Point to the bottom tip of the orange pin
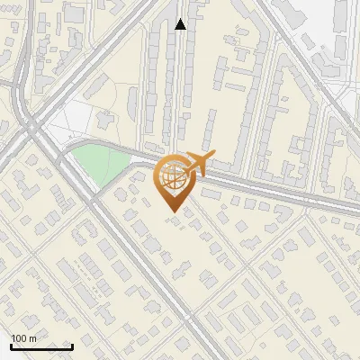[x=171, y=212]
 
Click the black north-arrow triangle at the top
[x=181, y=24]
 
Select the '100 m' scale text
[x=23, y=338]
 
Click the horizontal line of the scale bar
[x=41, y=346]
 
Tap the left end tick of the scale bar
[x=11, y=345]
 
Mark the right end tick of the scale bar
[x=72, y=345]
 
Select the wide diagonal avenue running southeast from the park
[x=144, y=261]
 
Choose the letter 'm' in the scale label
[x=32, y=338]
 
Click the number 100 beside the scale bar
[x=19, y=338]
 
